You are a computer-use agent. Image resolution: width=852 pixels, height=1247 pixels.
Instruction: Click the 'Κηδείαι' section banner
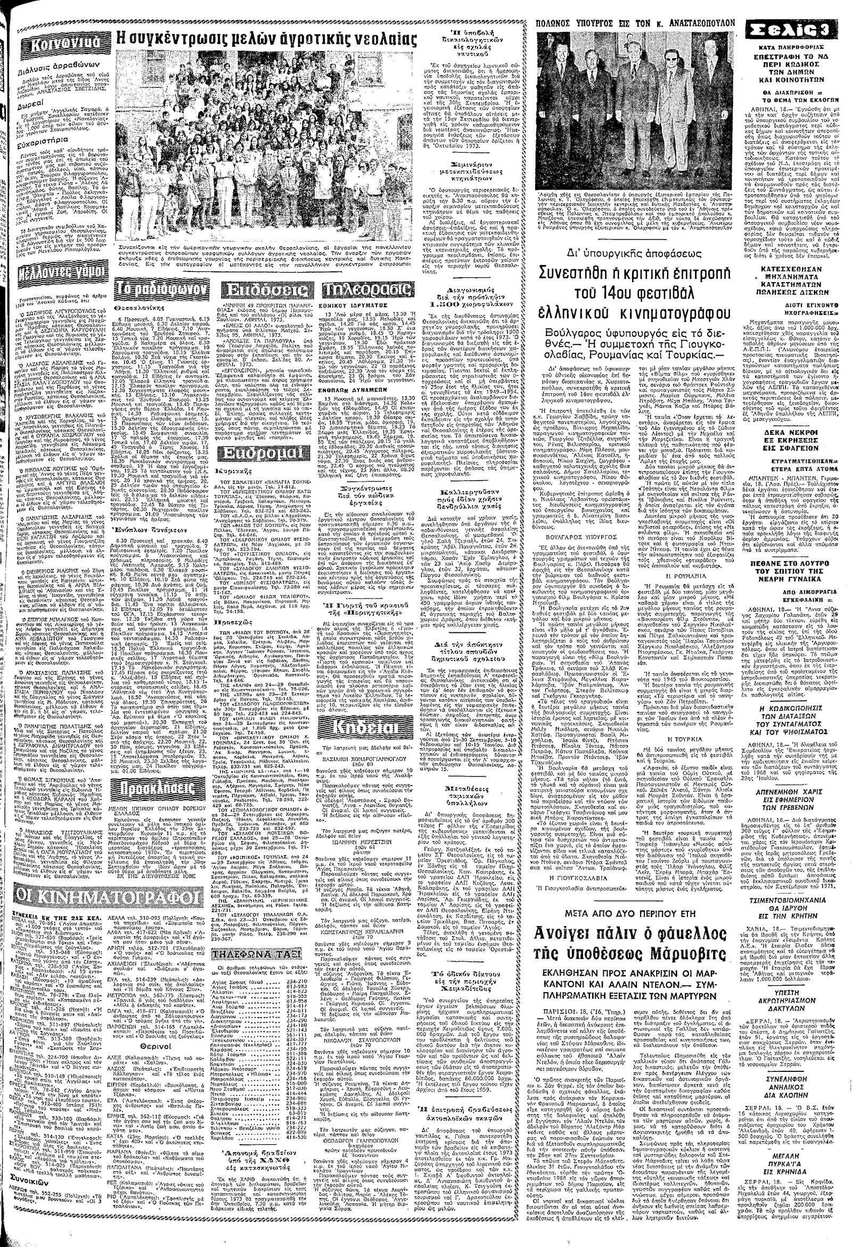click(366, 726)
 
